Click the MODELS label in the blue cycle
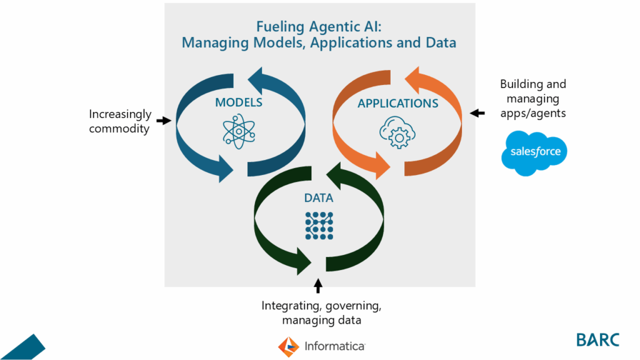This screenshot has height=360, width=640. (x=238, y=102)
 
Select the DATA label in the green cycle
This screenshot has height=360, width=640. (x=318, y=198)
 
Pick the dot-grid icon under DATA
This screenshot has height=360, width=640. (x=319, y=226)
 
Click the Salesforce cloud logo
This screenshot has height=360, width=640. (x=534, y=151)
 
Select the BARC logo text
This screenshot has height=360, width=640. (x=597, y=339)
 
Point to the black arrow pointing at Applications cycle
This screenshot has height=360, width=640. (x=477, y=113)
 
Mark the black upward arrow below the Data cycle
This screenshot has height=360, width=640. (x=318, y=286)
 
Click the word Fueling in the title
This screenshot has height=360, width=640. (x=277, y=27)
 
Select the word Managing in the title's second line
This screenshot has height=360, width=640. (x=209, y=43)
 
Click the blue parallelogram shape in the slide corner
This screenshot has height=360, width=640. (x=22, y=347)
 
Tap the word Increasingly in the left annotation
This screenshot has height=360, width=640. (x=120, y=114)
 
